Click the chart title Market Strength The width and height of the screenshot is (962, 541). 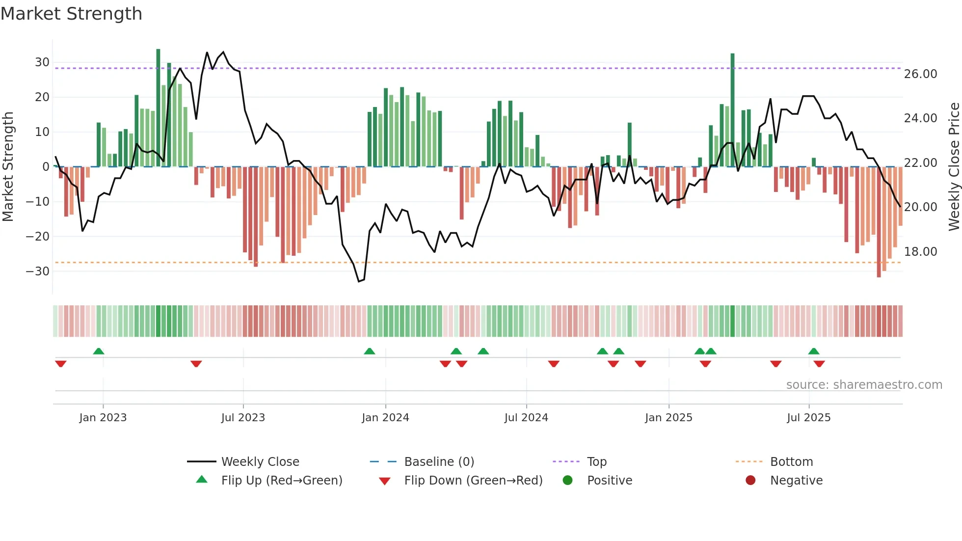pyautogui.click(x=71, y=14)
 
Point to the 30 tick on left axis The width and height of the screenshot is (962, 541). pyautogui.click(x=42, y=62)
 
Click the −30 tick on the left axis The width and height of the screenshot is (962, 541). pyautogui.click(x=38, y=271)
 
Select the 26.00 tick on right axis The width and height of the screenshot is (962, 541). pyautogui.click(x=920, y=74)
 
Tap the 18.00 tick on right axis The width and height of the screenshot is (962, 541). pyautogui.click(x=920, y=252)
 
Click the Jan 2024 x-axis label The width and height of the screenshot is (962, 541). pyautogui.click(x=385, y=418)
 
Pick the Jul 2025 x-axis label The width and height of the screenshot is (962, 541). pyautogui.click(x=808, y=418)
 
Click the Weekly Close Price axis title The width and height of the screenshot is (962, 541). pyautogui.click(x=954, y=167)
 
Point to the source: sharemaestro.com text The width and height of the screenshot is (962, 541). pyautogui.click(x=864, y=385)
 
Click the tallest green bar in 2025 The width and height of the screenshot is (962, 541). pyautogui.click(x=732, y=108)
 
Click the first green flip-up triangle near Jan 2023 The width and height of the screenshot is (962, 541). pyautogui.click(x=99, y=351)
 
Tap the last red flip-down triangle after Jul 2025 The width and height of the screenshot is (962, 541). pyautogui.click(x=819, y=364)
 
